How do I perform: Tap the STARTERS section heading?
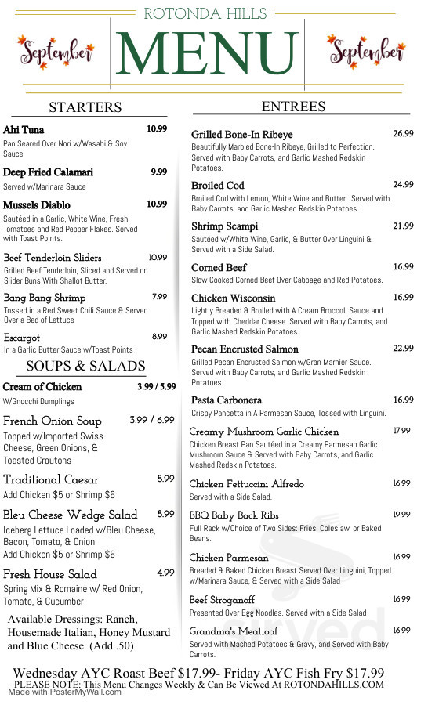point(85,107)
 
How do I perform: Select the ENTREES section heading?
point(294,107)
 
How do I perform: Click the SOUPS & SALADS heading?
point(85,366)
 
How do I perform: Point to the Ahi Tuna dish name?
point(24,130)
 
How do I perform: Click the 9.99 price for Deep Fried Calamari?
point(159,172)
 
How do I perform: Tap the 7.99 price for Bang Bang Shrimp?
point(159,297)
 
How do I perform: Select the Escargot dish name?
point(22,338)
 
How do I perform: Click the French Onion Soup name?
point(53,421)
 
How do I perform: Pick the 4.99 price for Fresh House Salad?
point(165,573)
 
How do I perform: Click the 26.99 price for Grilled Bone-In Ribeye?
point(403,134)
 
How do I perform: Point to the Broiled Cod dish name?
point(218,186)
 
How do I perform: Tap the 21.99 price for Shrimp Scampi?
point(403,226)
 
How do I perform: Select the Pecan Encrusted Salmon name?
point(245,349)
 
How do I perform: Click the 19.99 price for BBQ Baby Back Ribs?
point(401,515)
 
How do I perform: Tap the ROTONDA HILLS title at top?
point(206,13)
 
